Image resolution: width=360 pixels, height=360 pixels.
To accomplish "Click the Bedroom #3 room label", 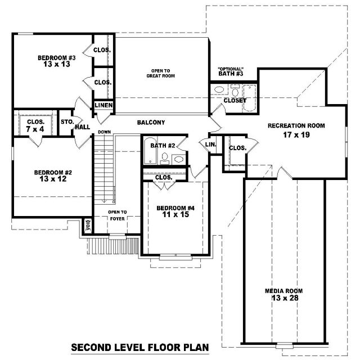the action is pos(56,57).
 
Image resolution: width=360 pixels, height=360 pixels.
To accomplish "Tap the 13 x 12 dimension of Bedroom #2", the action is pos(53,179).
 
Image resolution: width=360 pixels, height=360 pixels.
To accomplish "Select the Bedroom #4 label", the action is pos(175,208).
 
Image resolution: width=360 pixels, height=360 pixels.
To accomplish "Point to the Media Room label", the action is pos(283,291).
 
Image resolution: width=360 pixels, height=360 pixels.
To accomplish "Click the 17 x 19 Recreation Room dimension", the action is pos(296,135).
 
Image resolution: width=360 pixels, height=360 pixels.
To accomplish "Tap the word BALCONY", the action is pos(151,123).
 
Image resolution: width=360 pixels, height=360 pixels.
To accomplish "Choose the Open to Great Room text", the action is pos(160,73).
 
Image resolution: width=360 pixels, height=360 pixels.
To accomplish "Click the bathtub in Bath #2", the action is pos(150,151).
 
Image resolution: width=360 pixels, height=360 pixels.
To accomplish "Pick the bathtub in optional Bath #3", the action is pos(250,98).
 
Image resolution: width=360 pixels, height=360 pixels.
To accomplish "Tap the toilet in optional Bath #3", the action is pos(235,91).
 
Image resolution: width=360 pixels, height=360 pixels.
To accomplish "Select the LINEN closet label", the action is pos(103,105).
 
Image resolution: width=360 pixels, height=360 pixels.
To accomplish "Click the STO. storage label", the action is pos(67,121).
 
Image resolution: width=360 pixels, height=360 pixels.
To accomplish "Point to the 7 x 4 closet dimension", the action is pos(35,129).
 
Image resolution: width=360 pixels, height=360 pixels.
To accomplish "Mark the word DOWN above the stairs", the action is pos(105,132).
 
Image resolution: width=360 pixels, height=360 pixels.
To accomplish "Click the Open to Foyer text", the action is pos(118,215).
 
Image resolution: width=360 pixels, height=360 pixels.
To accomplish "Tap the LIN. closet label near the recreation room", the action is pos(210,145).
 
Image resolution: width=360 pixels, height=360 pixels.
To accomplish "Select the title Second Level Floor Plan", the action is pos(140,348).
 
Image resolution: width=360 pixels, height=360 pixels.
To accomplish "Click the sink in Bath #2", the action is pos(179,159).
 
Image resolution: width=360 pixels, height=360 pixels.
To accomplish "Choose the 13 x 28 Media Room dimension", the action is pos(285,298).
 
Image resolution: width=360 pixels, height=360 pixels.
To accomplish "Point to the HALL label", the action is pos(83,127).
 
